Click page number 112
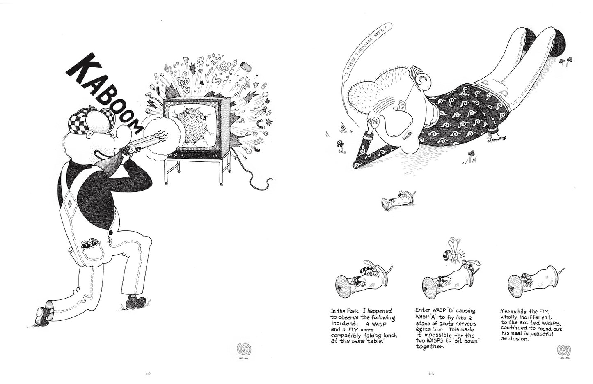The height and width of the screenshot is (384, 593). click(x=148, y=374)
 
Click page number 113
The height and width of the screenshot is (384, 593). click(x=431, y=374)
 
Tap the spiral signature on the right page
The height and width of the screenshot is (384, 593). click(x=564, y=350)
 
